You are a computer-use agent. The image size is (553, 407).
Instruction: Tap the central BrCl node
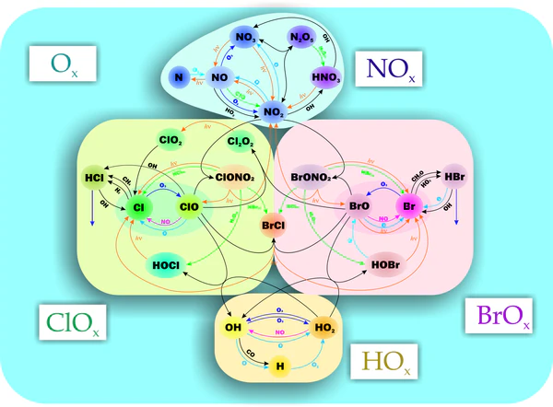[274, 224]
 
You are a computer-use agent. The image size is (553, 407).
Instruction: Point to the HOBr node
[387, 264]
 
